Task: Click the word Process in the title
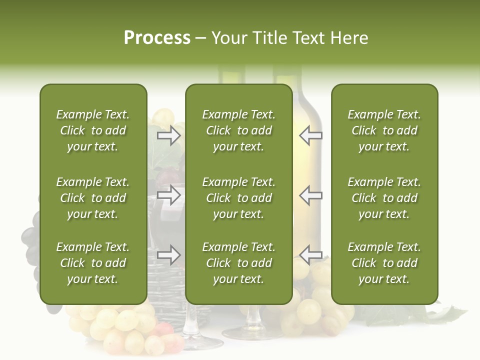point(157,38)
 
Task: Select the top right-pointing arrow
point(169,135)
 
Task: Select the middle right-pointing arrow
point(169,195)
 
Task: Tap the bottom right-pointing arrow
point(169,255)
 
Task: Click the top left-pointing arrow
point(310,135)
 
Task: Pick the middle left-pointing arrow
point(310,195)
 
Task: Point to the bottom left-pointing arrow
point(310,255)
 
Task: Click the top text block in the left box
point(93,130)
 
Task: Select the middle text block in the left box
point(93,198)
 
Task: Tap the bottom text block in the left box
point(93,263)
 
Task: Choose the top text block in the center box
point(238,130)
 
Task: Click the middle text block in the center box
point(238,198)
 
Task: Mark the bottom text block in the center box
point(238,263)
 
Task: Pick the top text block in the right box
point(384,130)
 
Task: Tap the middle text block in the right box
point(384,198)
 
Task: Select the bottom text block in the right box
point(384,263)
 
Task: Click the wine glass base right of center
point(250,332)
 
